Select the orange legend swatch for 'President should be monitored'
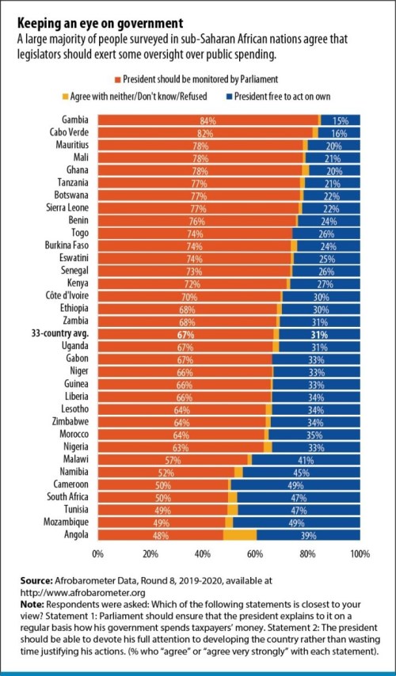tap(118, 80)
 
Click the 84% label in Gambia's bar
tap(208, 120)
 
